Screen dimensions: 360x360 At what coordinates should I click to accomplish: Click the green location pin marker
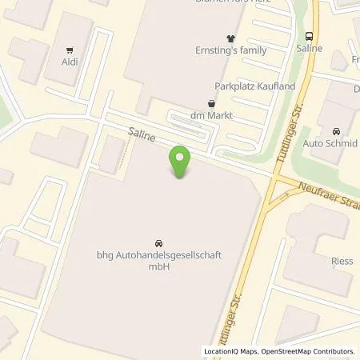pyautogui.click(x=180, y=162)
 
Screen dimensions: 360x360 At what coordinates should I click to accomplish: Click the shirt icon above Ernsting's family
pyautogui.click(x=232, y=37)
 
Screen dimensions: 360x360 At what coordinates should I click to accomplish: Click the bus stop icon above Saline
pyautogui.click(x=309, y=35)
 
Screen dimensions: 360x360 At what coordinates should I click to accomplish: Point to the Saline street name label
pyautogui.click(x=142, y=134)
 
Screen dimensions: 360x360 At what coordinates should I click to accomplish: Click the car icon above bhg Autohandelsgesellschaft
pyautogui.click(x=157, y=242)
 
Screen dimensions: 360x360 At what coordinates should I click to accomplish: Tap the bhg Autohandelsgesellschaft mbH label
pyautogui.click(x=158, y=261)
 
